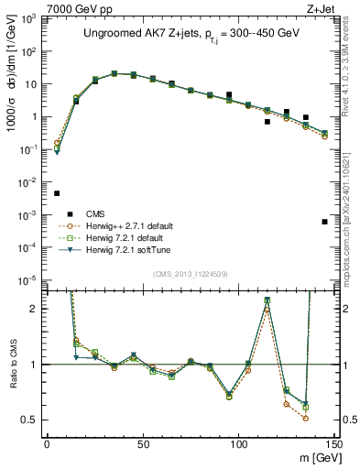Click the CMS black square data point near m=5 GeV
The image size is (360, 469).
coord(57,193)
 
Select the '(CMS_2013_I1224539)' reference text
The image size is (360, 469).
coord(190,273)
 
